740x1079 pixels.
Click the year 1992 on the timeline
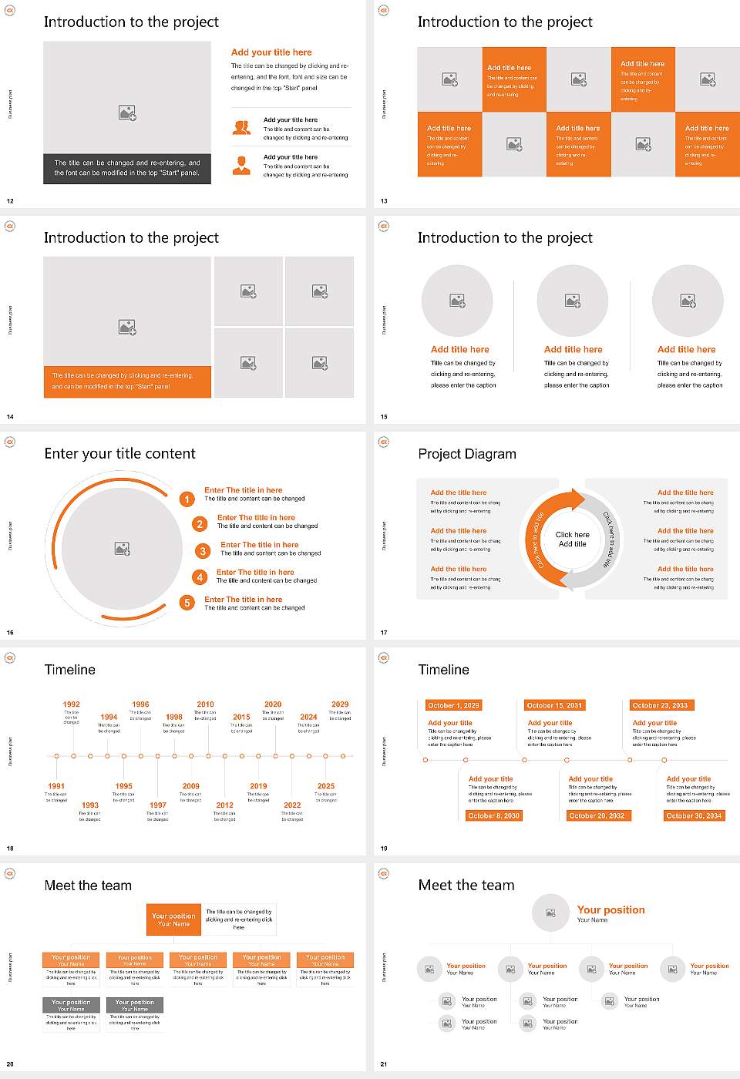coord(71,704)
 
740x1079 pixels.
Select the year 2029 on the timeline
coord(340,704)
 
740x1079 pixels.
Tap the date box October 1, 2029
coord(453,705)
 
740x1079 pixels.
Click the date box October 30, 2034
coord(694,815)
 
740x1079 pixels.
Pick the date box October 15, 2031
coord(554,705)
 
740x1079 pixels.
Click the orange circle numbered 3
coord(203,551)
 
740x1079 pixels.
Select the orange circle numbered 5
coord(187,603)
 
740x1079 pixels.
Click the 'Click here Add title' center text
coord(572,539)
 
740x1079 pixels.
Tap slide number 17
coord(384,633)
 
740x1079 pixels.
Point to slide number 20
coord(10,1064)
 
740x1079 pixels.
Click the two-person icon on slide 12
coord(242,128)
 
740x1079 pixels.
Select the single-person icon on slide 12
coord(242,165)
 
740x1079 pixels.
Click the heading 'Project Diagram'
coord(467,454)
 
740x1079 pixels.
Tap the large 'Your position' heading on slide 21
coord(610,910)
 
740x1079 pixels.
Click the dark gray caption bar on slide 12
coord(127,168)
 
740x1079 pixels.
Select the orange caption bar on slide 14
coord(127,382)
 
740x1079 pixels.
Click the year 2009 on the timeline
coord(191,786)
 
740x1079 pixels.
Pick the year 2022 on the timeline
coord(292,805)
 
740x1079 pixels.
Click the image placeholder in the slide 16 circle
coord(123,548)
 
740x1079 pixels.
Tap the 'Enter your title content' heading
coord(119,454)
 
